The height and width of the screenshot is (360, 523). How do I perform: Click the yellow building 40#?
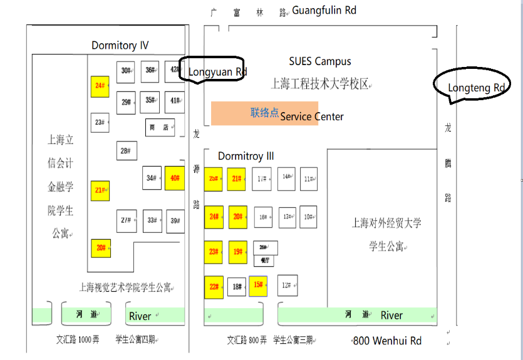click(175, 178)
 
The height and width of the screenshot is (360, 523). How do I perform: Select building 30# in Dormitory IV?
click(127, 71)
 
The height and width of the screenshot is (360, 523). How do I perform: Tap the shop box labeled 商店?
click(160, 127)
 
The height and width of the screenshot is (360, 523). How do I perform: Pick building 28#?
click(126, 150)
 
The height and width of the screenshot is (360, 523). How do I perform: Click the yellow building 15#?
click(258, 285)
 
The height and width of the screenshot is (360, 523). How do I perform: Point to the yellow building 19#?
click(237, 252)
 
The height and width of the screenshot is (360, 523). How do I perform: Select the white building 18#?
click(237, 287)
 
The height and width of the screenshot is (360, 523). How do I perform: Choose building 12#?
click(287, 285)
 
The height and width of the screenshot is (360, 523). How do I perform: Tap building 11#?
click(309, 178)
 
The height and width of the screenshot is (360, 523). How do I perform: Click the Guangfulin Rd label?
click(324, 11)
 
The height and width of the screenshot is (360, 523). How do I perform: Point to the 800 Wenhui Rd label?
click(387, 341)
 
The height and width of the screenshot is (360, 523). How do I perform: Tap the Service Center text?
click(312, 116)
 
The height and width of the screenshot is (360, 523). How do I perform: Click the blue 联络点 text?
click(264, 113)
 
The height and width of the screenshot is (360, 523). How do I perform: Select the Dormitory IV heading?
click(120, 45)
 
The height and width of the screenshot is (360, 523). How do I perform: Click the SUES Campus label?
click(319, 61)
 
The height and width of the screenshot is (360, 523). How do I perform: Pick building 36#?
click(150, 71)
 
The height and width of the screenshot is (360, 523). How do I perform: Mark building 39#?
click(175, 220)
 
